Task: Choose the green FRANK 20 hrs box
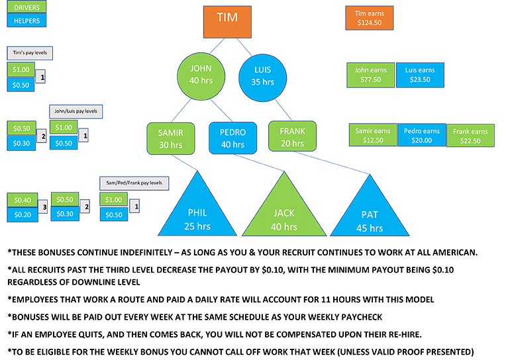tap(292, 137)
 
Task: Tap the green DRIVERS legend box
tap(26, 8)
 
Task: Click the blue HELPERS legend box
tap(26, 21)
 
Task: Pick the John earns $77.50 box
tap(370, 75)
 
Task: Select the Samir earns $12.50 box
tap(373, 135)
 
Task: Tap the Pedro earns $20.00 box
tap(421, 135)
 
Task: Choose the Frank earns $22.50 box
tap(470, 136)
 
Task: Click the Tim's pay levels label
tap(29, 52)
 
